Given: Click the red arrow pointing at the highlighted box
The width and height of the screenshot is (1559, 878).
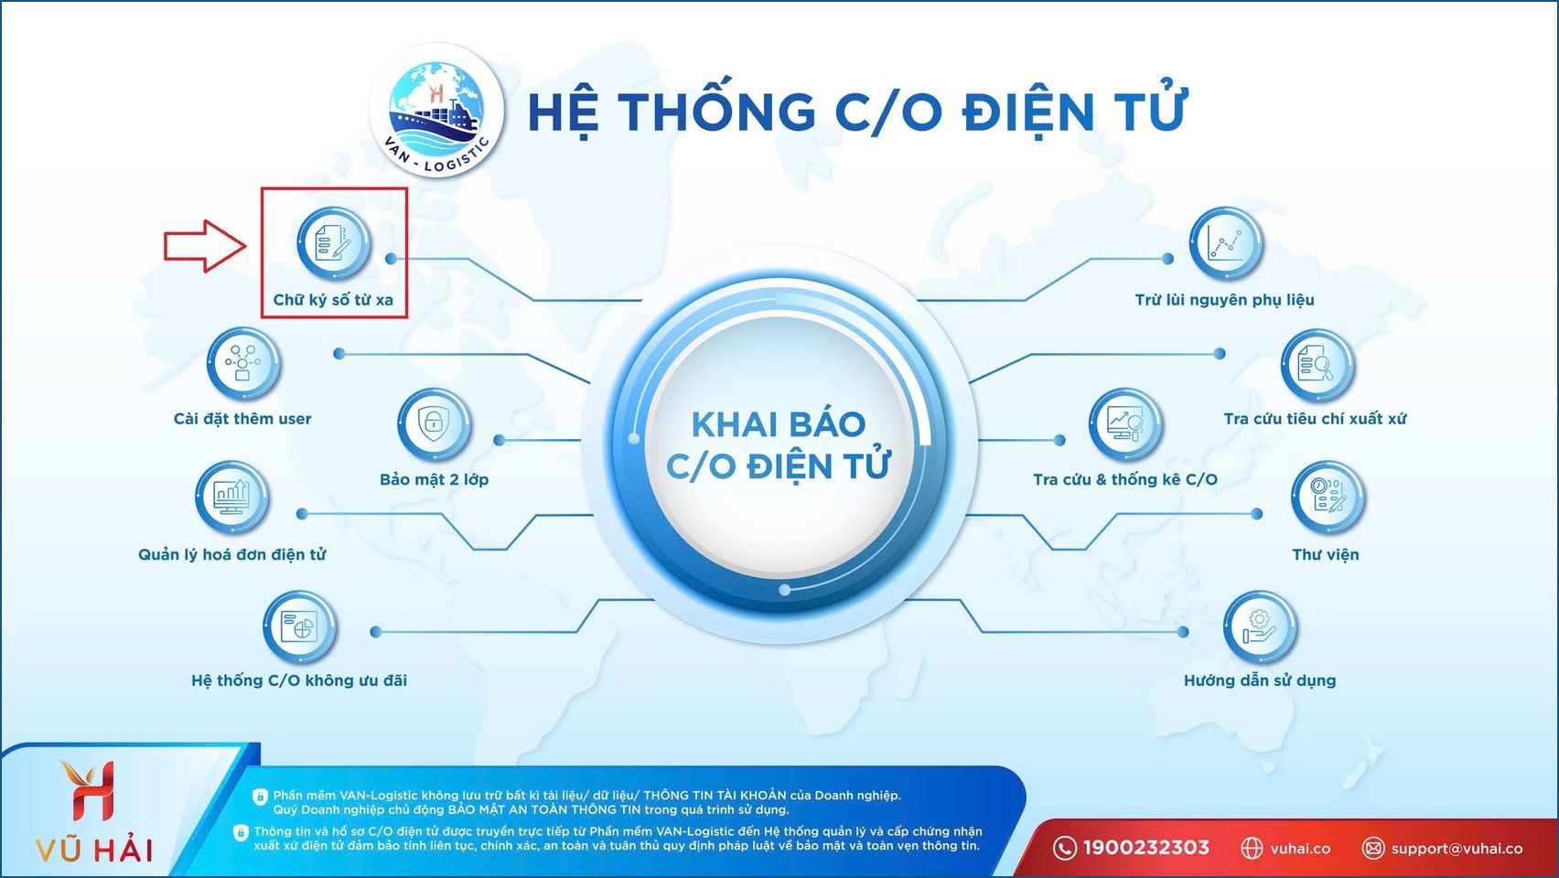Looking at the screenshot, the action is (x=205, y=246).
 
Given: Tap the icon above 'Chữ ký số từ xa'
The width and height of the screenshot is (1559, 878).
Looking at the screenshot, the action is (x=334, y=243).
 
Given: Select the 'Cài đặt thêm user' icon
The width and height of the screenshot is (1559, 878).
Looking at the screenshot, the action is (x=242, y=364).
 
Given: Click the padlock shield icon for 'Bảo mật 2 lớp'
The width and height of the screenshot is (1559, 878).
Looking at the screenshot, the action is (x=434, y=424).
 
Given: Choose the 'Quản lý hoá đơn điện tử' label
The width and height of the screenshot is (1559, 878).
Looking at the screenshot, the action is (x=231, y=554).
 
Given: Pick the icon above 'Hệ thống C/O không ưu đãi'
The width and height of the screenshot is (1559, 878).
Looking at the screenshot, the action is (x=299, y=627).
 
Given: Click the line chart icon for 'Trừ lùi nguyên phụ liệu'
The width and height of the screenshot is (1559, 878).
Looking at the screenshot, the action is (x=1226, y=243).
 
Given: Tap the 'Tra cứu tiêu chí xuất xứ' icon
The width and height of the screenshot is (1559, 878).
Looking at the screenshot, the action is (x=1317, y=365).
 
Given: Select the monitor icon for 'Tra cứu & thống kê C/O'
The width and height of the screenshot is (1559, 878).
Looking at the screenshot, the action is (x=1124, y=424).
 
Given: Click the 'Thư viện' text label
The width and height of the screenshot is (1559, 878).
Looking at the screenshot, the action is (x=1325, y=554).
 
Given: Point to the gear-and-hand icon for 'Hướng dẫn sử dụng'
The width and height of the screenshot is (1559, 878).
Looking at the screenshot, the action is (x=1260, y=627).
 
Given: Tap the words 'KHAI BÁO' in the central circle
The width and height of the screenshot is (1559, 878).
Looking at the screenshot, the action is (x=778, y=424).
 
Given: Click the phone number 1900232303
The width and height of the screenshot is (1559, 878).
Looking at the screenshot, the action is (x=1145, y=848).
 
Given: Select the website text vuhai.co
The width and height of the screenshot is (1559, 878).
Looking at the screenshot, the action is (x=1300, y=849).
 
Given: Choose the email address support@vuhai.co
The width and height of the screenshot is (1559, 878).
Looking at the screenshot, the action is (x=1457, y=849).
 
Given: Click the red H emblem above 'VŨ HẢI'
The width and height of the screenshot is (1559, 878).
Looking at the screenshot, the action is (x=91, y=791).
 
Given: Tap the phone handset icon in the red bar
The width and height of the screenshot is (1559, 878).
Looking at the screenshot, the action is (x=1064, y=848).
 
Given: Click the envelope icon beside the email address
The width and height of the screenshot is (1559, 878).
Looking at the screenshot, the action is (x=1372, y=849).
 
